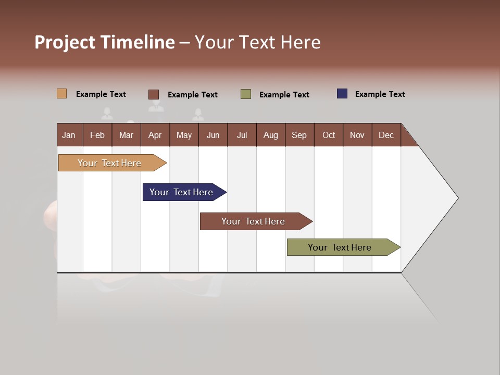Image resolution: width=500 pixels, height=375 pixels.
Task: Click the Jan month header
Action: coord(69,135)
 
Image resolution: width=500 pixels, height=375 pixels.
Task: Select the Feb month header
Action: coord(97,135)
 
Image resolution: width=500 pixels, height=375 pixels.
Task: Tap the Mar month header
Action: coord(126,135)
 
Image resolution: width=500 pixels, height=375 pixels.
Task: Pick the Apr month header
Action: coord(155,135)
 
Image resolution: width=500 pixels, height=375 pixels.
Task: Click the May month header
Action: coord(184,135)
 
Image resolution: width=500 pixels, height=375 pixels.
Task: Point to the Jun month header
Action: coord(213,135)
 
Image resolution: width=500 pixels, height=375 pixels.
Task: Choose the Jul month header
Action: coord(242,135)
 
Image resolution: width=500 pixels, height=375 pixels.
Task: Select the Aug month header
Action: coord(271,135)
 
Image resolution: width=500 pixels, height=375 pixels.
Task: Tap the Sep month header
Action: coord(299,135)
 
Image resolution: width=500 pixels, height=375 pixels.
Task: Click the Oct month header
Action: coord(329,135)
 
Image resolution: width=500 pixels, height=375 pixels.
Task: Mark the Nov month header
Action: coord(357,135)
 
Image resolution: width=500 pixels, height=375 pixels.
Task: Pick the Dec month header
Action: coord(386,135)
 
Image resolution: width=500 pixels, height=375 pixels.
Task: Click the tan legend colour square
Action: coord(61,94)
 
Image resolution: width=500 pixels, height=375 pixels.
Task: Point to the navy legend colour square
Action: coord(342,94)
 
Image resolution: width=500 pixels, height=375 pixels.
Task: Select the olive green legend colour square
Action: coord(246,94)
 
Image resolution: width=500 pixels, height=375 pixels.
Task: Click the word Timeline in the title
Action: coord(137,42)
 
